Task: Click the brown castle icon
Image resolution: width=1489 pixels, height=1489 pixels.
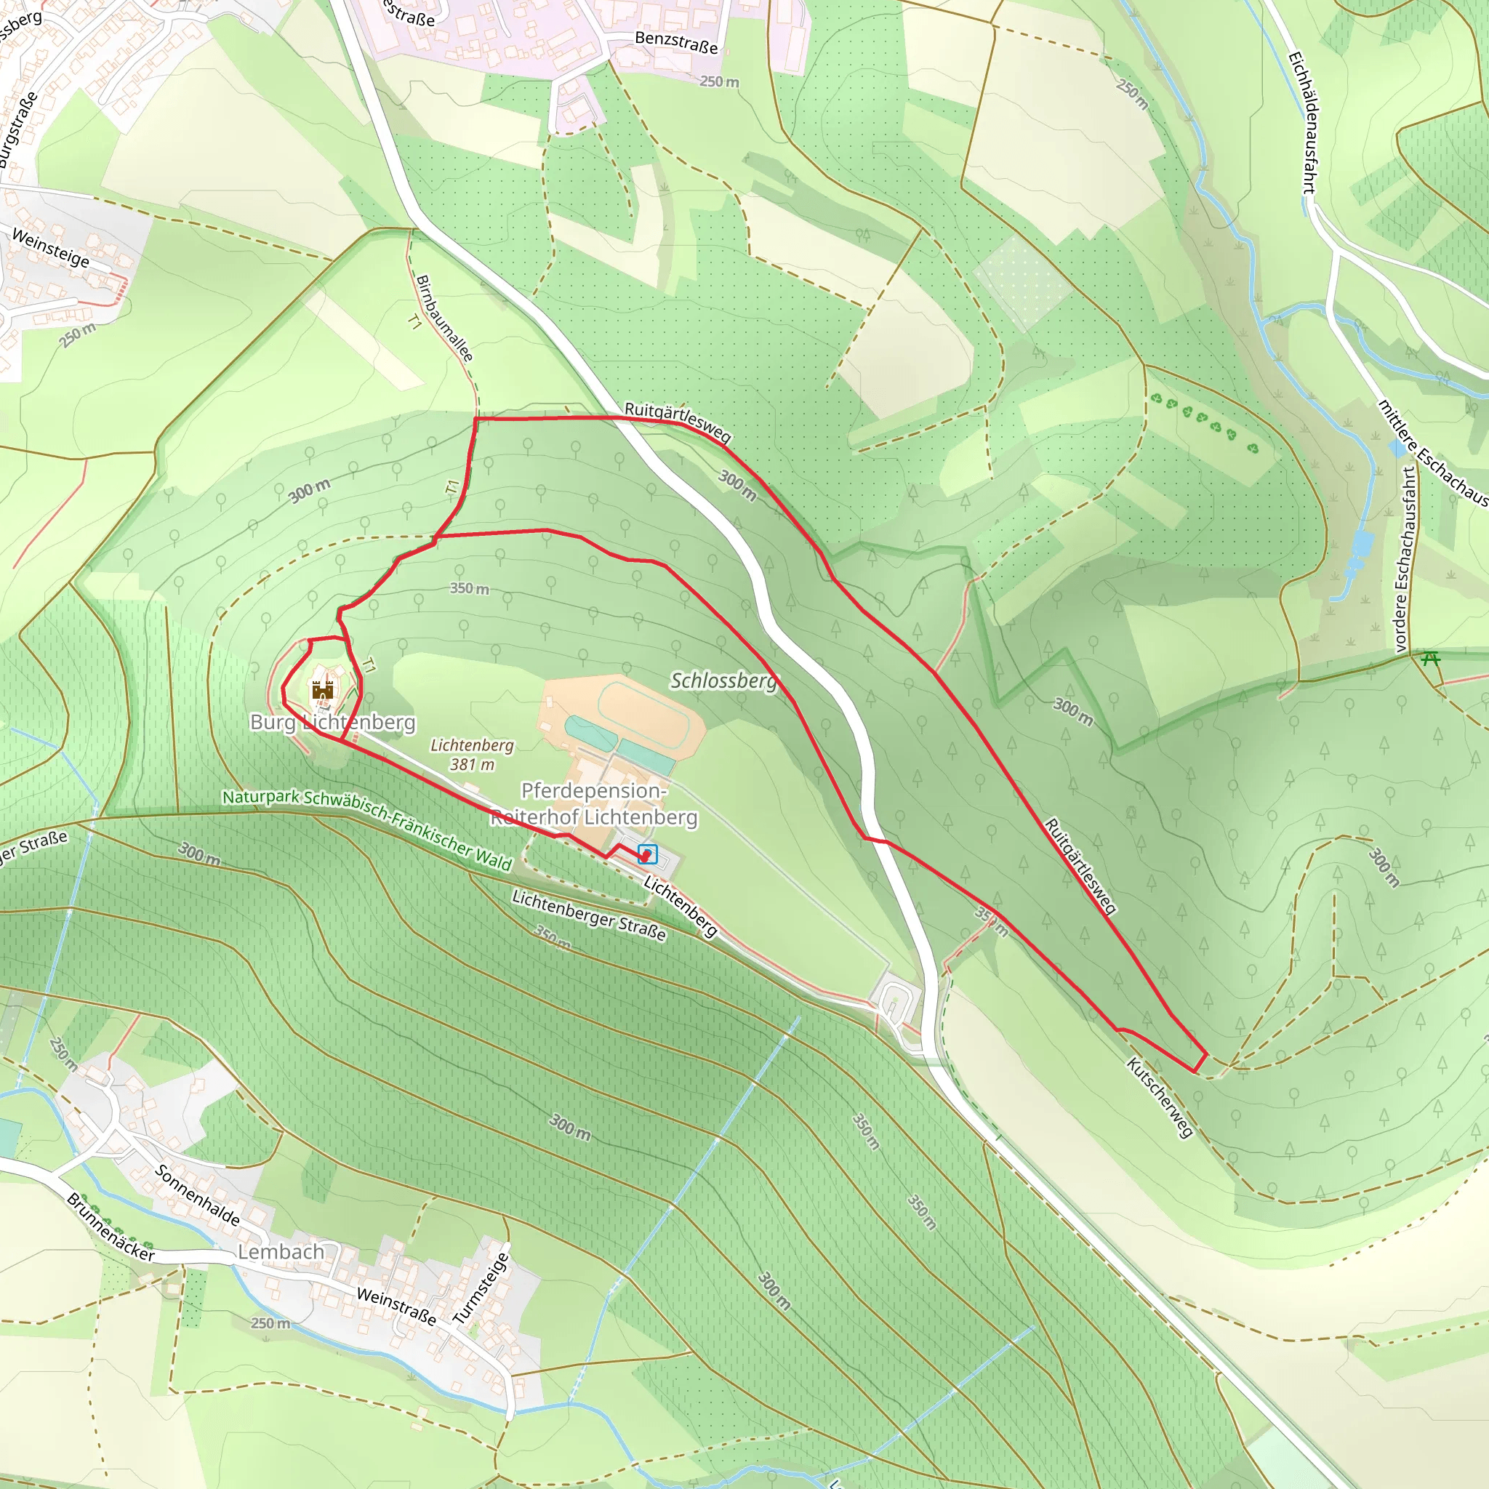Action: coord(322,689)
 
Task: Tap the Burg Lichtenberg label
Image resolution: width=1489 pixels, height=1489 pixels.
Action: coord(333,722)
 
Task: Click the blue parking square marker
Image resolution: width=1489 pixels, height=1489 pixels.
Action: coord(647,854)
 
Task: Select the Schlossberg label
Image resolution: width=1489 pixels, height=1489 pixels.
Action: coord(723,681)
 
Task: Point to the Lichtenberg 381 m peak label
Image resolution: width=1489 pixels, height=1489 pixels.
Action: coord(472,755)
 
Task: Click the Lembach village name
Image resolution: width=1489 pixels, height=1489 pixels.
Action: coord(281,1252)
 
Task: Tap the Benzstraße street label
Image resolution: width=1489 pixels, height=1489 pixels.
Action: coord(676,42)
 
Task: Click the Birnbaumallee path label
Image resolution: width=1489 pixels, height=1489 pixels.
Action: coord(444,318)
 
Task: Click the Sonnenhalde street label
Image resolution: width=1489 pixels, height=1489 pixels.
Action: coord(197,1195)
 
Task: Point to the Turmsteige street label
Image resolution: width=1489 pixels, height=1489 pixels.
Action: coord(481,1288)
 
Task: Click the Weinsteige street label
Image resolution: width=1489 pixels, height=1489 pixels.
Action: coord(51,247)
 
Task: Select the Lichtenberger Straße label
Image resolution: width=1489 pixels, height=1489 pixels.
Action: coord(589,915)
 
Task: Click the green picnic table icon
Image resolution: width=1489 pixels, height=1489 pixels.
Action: coord(1431,658)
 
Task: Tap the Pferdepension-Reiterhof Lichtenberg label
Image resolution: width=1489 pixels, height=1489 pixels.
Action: coord(594,803)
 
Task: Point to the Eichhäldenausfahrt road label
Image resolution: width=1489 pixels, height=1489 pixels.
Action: coord(1301,121)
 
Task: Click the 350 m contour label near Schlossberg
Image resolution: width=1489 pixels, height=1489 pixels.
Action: coord(470,588)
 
